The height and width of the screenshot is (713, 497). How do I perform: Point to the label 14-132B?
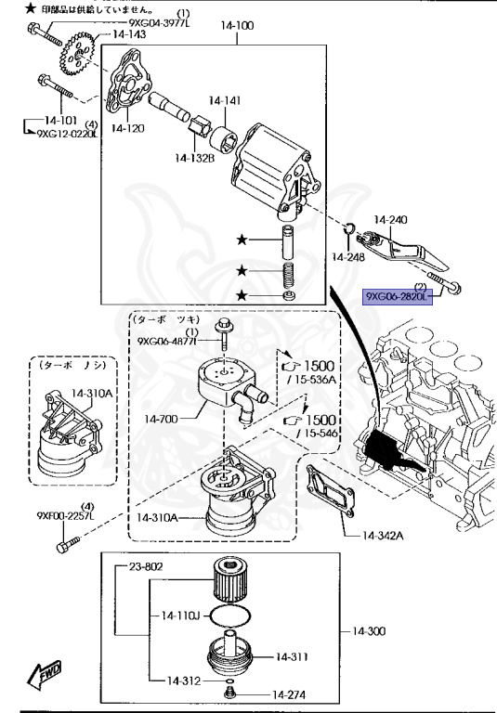tap(197, 158)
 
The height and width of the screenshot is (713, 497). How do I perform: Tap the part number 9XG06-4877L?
tap(168, 341)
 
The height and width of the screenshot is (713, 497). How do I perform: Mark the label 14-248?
tap(349, 256)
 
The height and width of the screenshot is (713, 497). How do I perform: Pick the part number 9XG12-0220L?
tap(67, 133)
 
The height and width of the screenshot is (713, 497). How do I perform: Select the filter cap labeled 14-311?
tap(291, 656)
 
